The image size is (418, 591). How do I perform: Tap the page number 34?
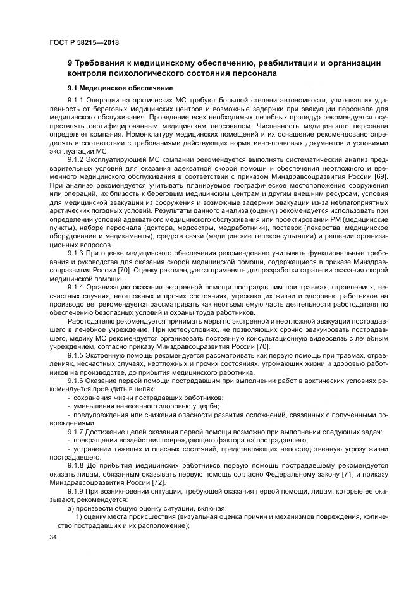[x=53, y=537]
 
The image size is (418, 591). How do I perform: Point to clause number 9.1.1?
[x=77, y=100]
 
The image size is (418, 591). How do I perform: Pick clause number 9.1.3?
[x=77, y=253]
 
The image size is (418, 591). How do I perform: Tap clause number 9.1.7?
[x=77, y=431]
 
